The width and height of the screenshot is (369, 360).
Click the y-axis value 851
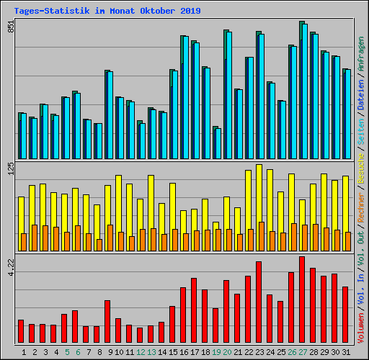10,27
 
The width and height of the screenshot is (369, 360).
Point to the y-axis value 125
10,168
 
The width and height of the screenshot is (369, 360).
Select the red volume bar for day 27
302,300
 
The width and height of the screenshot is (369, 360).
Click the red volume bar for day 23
259,302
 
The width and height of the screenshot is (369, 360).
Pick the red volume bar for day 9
107,322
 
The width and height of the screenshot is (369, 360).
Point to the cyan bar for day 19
218,143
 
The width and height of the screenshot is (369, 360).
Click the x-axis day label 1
25,352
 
